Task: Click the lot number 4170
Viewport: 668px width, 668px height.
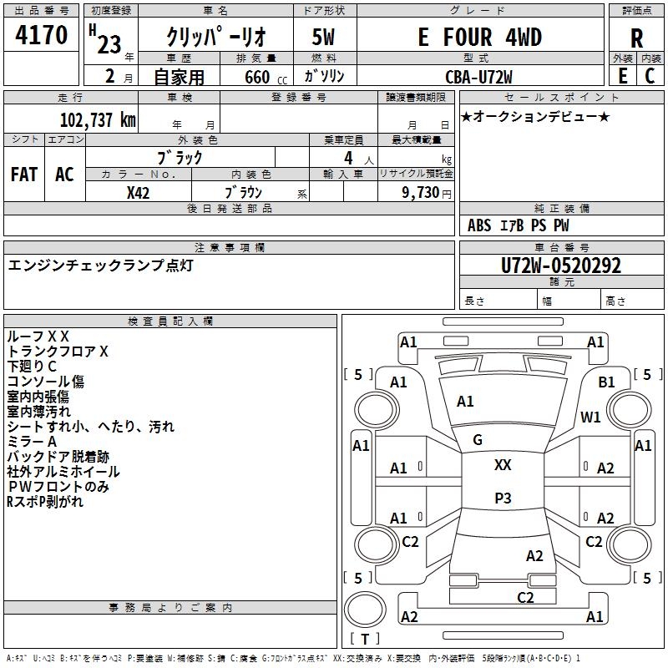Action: pos(41,35)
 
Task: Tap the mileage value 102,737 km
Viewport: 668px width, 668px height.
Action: pos(98,120)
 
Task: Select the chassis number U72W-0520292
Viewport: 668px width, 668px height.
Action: pos(561,266)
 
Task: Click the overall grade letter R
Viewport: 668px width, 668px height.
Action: pos(636,38)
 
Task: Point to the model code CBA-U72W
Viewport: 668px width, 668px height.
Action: pos(478,77)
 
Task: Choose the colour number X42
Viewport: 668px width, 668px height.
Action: pos(138,193)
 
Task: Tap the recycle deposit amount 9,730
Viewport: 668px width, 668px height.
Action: pos(420,193)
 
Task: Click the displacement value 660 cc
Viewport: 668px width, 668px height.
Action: pos(266,77)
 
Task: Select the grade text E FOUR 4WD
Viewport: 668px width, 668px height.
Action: pos(479,37)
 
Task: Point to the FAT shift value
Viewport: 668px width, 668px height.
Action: pos(24,175)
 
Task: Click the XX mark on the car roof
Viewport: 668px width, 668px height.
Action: pos(503,465)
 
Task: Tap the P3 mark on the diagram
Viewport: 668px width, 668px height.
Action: pos(503,498)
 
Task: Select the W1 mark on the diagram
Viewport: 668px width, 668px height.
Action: pos(590,417)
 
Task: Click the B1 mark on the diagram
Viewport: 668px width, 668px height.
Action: pos(606,382)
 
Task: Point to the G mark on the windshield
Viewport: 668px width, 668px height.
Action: pos(478,440)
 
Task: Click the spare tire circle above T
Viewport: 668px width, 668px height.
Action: pos(365,609)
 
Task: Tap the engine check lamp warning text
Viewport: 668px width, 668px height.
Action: pos(100,266)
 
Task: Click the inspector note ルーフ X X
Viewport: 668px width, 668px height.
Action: pos(38,337)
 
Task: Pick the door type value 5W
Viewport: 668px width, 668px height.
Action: pos(323,37)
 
